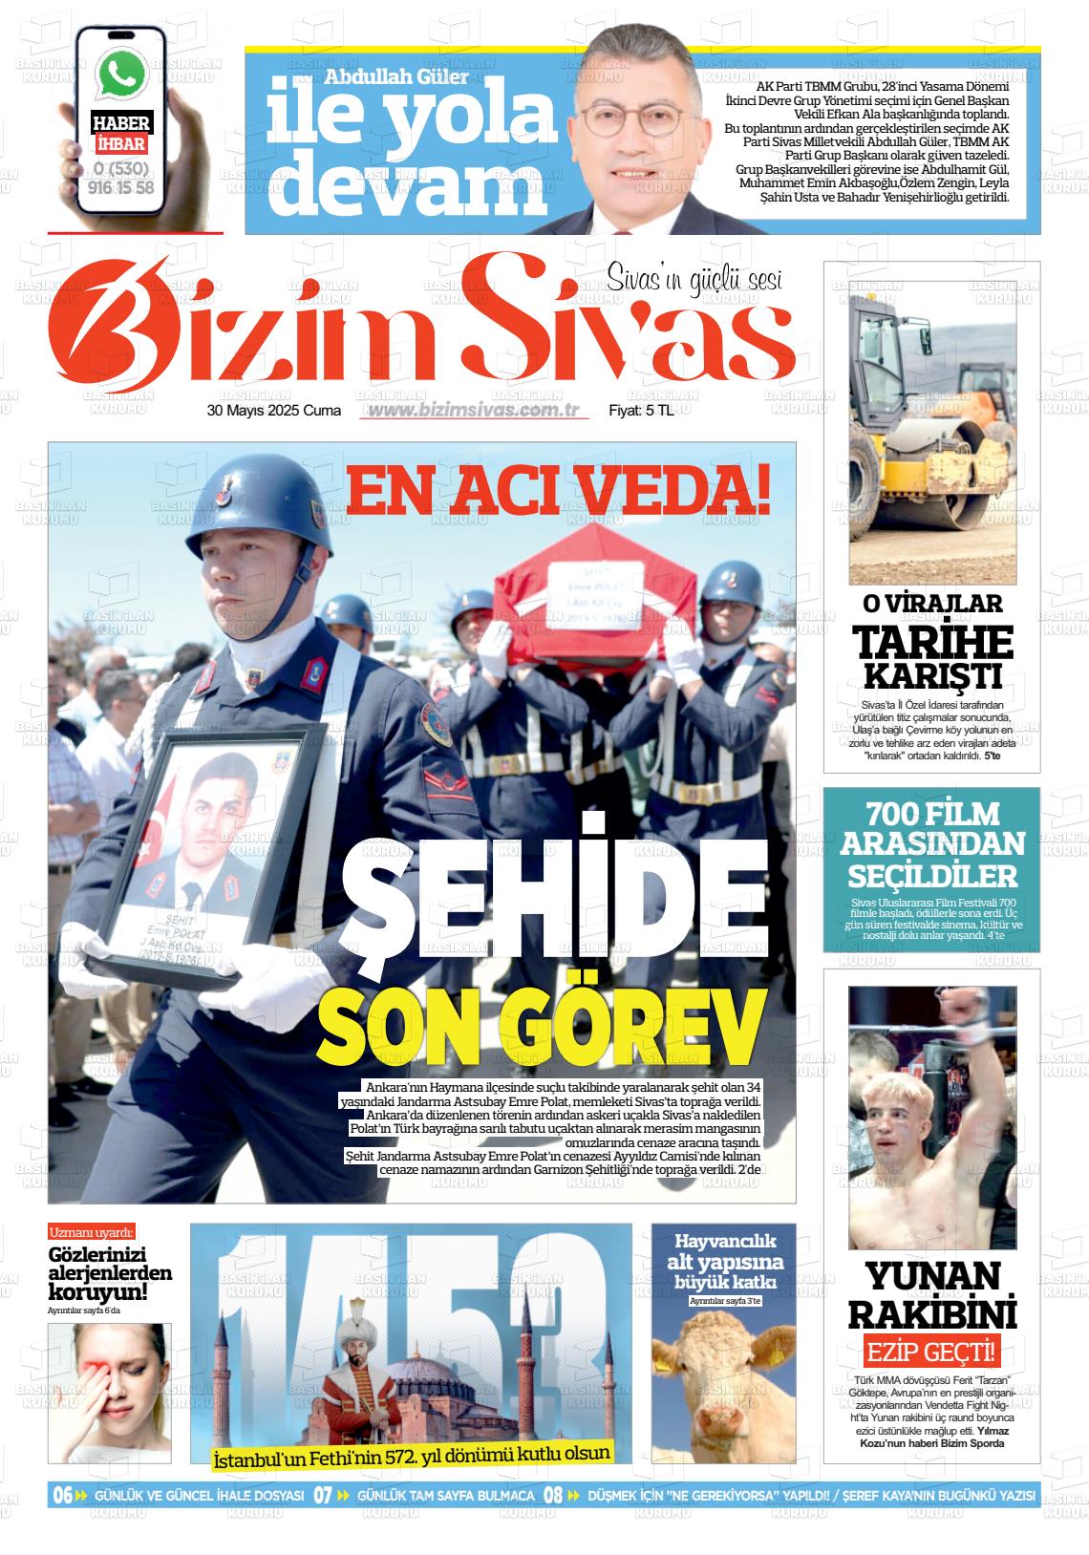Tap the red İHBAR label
tap(121, 144)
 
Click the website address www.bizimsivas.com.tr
tap(475, 410)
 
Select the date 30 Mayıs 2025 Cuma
tap(274, 411)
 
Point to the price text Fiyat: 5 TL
tap(642, 411)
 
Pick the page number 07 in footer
tap(323, 1495)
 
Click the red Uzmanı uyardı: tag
tap(92, 1232)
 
